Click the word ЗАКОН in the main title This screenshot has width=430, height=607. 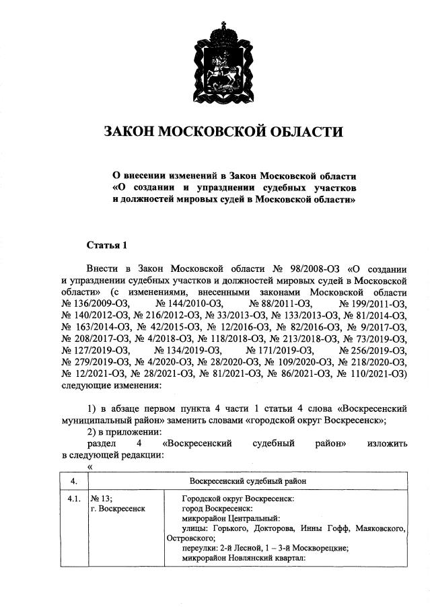click(x=127, y=131)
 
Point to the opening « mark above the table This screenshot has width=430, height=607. click(x=89, y=466)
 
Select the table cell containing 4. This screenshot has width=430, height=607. click(x=74, y=481)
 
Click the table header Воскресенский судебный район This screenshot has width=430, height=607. click(x=248, y=481)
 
